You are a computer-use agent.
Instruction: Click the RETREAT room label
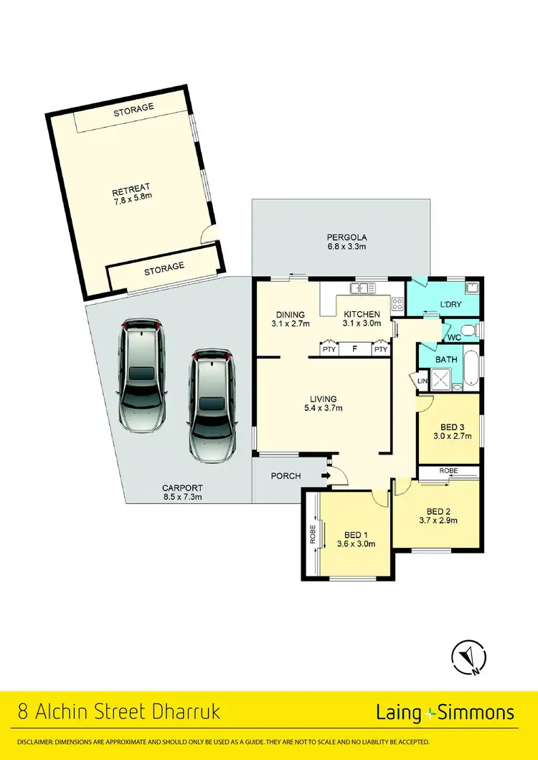pos(131,191)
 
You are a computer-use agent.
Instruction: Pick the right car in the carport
pos(212,405)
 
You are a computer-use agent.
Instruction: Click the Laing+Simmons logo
pos(445,713)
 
